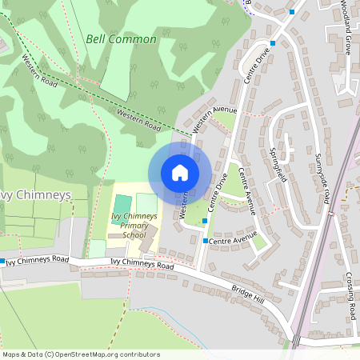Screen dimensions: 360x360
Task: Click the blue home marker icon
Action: click(180, 173)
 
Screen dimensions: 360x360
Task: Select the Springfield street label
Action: click(281, 165)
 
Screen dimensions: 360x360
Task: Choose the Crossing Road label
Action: click(350, 295)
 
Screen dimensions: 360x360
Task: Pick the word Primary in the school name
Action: click(128, 226)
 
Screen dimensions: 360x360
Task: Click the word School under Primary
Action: click(134, 235)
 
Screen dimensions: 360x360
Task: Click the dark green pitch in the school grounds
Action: click(122, 204)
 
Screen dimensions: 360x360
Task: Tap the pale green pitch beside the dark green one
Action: click(146, 202)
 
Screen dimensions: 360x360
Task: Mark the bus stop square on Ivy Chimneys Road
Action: click(3, 262)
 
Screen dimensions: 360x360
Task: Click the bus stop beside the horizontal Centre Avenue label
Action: click(206, 240)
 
